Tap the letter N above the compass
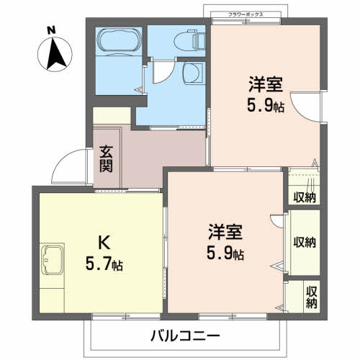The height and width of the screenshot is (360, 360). pos(50,30)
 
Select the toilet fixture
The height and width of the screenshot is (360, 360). pos(191,41)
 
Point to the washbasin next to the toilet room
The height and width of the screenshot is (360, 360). pos(192,73)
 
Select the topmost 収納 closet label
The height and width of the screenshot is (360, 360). pos(305,197)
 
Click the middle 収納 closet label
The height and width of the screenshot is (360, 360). pos(305,242)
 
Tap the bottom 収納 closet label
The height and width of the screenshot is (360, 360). pos(311,297)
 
